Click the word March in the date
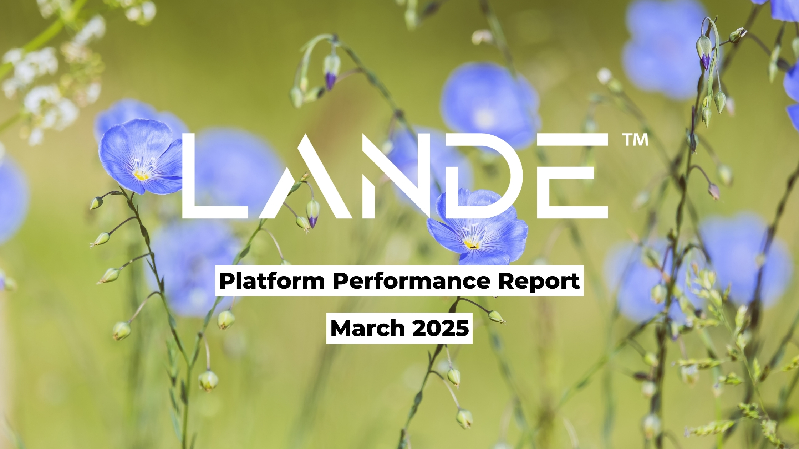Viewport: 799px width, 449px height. (x=367, y=328)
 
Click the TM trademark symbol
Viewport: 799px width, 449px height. (x=635, y=140)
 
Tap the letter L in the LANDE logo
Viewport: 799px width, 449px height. (x=215, y=176)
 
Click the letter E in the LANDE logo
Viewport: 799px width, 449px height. (x=572, y=176)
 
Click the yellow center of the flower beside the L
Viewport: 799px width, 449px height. (x=141, y=175)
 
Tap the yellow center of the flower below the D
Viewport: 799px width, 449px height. (x=472, y=244)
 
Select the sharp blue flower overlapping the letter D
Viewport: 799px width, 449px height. (x=477, y=228)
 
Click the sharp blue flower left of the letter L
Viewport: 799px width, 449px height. (x=141, y=157)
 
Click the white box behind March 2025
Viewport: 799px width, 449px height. (x=399, y=328)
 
